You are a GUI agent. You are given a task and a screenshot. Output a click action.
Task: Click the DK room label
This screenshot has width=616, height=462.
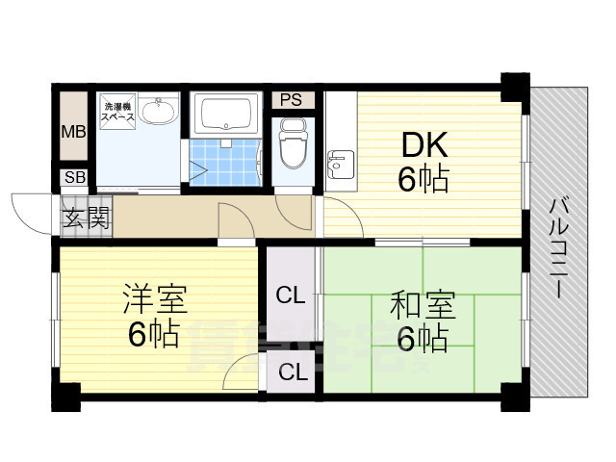[423, 145]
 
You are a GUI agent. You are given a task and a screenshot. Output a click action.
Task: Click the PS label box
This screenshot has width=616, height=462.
[291, 100]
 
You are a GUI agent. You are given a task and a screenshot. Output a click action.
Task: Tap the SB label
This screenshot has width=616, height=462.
[73, 177]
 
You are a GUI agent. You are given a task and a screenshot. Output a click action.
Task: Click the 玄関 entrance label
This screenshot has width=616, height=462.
[86, 217]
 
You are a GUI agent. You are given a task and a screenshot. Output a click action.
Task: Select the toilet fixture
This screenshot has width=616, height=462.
[290, 141]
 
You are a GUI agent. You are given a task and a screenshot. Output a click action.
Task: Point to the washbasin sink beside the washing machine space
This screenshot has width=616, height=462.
[157, 113]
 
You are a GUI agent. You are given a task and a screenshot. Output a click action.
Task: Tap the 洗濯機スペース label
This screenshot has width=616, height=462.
[120, 113]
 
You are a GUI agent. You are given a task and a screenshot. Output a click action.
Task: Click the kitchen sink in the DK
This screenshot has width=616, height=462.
[338, 165]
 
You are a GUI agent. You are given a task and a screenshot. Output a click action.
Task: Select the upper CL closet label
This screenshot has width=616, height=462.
[290, 295]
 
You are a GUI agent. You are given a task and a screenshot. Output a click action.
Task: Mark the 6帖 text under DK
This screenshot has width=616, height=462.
[423, 179]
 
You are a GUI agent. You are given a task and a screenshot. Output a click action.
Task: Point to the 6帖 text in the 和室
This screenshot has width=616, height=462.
[421, 339]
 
